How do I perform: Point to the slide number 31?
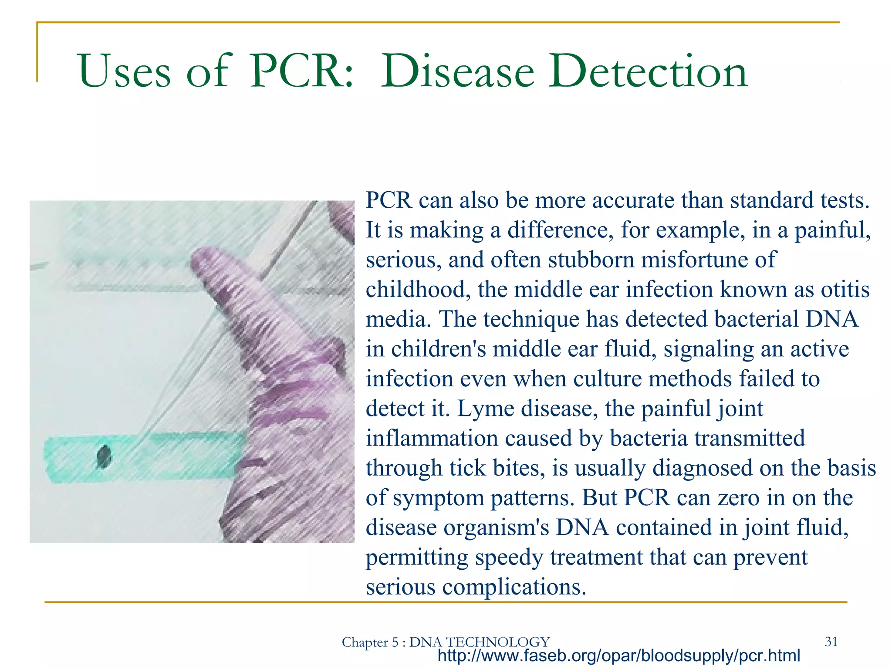[x=831, y=642]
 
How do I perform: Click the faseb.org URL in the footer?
[x=618, y=655]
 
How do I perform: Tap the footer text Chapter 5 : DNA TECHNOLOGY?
[x=446, y=642]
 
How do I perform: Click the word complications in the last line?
[x=511, y=587]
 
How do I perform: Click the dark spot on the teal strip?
[x=104, y=457]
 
